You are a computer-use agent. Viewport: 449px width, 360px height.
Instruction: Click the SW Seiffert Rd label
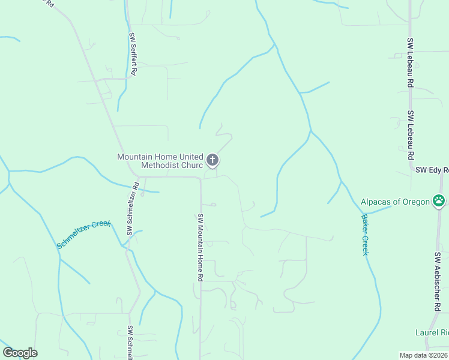pyautogui.click(x=133, y=53)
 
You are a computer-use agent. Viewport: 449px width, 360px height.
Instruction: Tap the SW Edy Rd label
pyautogui.click(x=432, y=170)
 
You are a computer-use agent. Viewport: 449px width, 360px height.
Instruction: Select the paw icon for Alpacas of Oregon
pyautogui.click(x=440, y=201)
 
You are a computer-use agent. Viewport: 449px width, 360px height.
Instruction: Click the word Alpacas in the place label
pyautogui.click(x=377, y=202)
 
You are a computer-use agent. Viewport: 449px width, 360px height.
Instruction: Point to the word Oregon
pyautogui.click(x=416, y=202)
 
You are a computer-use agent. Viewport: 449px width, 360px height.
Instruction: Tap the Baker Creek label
pyautogui.click(x=364, y=235)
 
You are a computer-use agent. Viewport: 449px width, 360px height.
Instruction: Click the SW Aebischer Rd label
pyautogui.click(x=438, y=281)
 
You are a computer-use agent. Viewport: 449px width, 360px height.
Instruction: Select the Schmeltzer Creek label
pyautogui.click(x=84, y=235)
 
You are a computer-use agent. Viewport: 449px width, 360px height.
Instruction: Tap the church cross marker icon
pyautogui.click(x=212, y=160)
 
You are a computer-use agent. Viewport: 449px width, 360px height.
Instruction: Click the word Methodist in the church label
pyautogui.click(x=161, y=166)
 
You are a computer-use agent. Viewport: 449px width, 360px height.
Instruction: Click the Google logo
pyautogui.click(x=20, y=353)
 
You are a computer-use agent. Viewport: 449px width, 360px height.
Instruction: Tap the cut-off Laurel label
pyautogui.click(x=432, y=332)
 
